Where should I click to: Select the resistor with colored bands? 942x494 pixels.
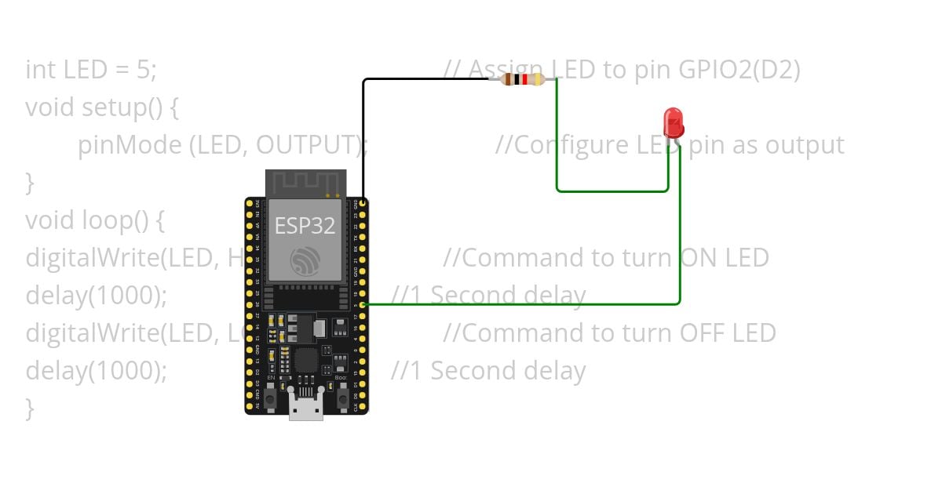(x=523, y=79)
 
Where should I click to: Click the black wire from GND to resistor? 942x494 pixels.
(x=363, y=133)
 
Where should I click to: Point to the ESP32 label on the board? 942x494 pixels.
(x=305, y=226)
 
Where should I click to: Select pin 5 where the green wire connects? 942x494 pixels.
(x=363, y=304)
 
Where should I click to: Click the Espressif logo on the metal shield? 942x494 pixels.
(x=305, y=260)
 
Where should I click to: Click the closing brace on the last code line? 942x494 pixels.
(x=30, y=408)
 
